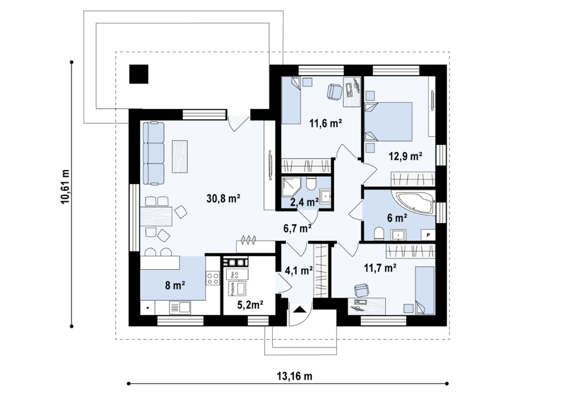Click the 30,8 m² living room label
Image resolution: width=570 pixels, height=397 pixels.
[222, 198]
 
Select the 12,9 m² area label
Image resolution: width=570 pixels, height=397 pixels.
[405, 156]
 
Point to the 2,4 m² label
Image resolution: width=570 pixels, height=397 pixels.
[305, 202]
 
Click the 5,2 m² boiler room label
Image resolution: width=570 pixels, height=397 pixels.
[249, 305]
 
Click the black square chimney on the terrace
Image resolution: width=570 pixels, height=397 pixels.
[138, 74]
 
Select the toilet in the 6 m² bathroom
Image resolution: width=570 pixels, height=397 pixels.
[379, 233]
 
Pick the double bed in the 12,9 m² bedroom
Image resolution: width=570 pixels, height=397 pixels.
[388, 121]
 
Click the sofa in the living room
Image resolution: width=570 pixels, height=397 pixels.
[153, 153]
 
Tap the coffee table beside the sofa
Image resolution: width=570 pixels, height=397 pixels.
[180, 156]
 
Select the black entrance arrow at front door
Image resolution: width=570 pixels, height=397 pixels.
[300, 310]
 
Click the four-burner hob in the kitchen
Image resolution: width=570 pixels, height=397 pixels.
[213, 278]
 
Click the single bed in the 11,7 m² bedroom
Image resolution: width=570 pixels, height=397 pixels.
[424, 290]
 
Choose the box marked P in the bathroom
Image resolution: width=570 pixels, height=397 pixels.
[426, 235]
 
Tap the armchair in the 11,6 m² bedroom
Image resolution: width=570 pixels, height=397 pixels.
[334, 90]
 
